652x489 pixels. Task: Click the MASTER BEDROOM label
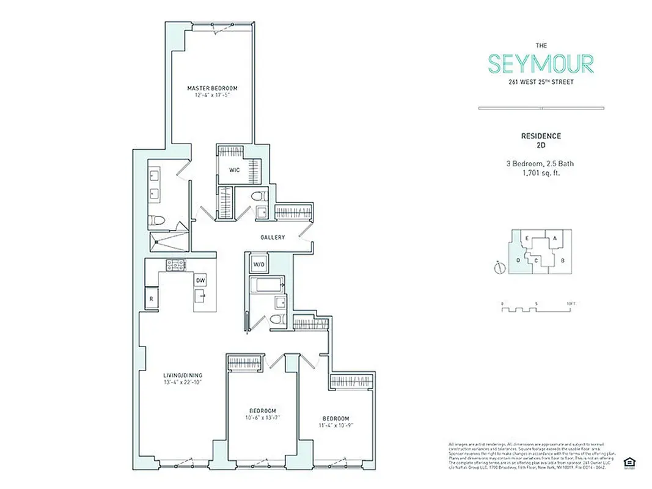point(212,88)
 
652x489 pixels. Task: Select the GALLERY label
point(273,237)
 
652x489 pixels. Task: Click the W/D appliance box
point(258,265)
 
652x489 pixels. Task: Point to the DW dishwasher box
point(200,280)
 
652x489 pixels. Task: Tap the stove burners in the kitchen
point(176,265)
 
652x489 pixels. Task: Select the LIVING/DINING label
point(183,375)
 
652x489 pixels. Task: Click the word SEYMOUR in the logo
point(540,64)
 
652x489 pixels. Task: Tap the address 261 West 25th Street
point(540,82)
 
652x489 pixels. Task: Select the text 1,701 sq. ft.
point(540,173)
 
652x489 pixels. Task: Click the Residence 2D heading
point(540,140)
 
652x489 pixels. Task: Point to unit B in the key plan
point(563,261)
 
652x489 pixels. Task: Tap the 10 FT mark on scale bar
point(570,303)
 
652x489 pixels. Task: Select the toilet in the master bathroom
point(156,221)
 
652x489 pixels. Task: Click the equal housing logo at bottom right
point(627,461)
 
